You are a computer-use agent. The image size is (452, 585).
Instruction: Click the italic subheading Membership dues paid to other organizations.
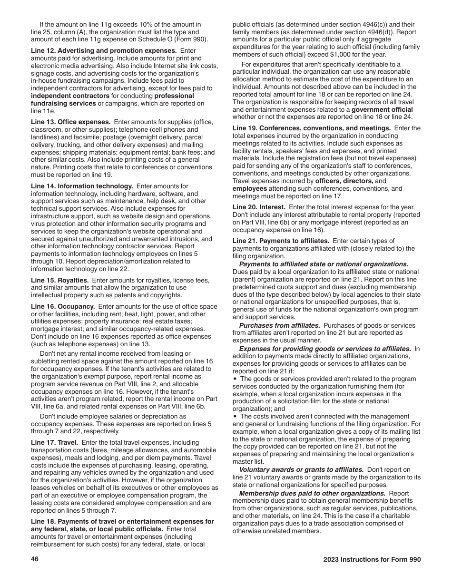pyautogui.click(x=312, y=493)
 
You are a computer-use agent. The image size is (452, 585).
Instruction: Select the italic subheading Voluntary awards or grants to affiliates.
pyautogui.click(x=302, y=470)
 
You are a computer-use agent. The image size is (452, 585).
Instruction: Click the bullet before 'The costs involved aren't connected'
pyautogui.click(x=236, y=417)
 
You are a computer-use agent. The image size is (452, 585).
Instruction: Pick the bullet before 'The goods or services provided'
pyautogui.click(x=236, y=379)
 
